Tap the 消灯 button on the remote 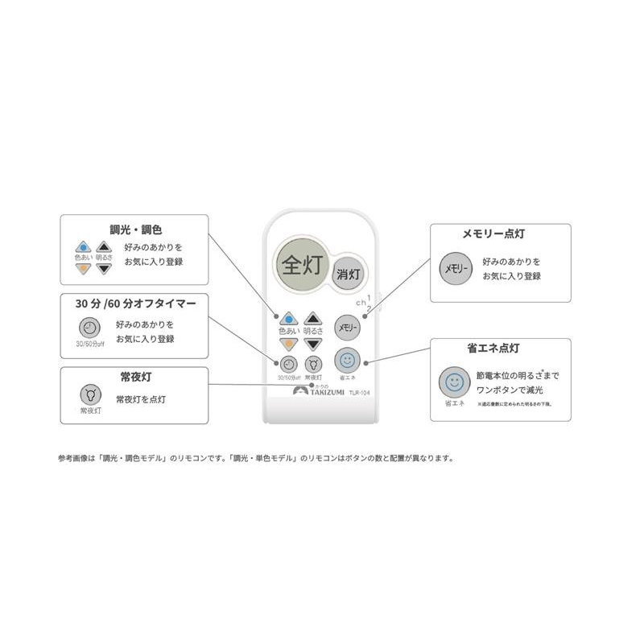[349, 272]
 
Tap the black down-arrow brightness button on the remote [313, 344]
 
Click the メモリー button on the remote [347, 328]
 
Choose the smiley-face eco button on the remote [347, 360]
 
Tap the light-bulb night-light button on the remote [313, 363]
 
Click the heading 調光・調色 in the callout [135, 229]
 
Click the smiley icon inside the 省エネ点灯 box [454, 382]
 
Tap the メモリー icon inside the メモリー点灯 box [453, 268]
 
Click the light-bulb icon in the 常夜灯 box [90, 394]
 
